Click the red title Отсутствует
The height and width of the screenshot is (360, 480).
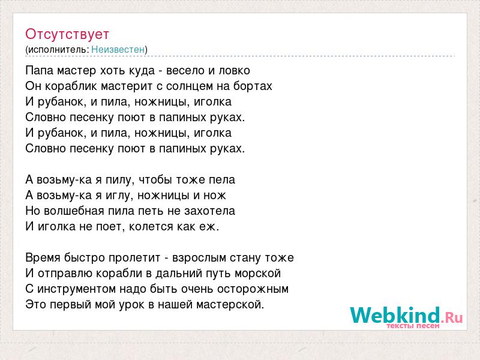tap(67, 34)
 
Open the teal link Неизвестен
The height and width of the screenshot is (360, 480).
tap(118, 49)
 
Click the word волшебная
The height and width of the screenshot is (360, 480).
tap(74, 211)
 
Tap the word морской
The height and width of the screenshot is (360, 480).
tap(257, 274)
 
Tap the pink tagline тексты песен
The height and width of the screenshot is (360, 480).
tap(413, 326)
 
